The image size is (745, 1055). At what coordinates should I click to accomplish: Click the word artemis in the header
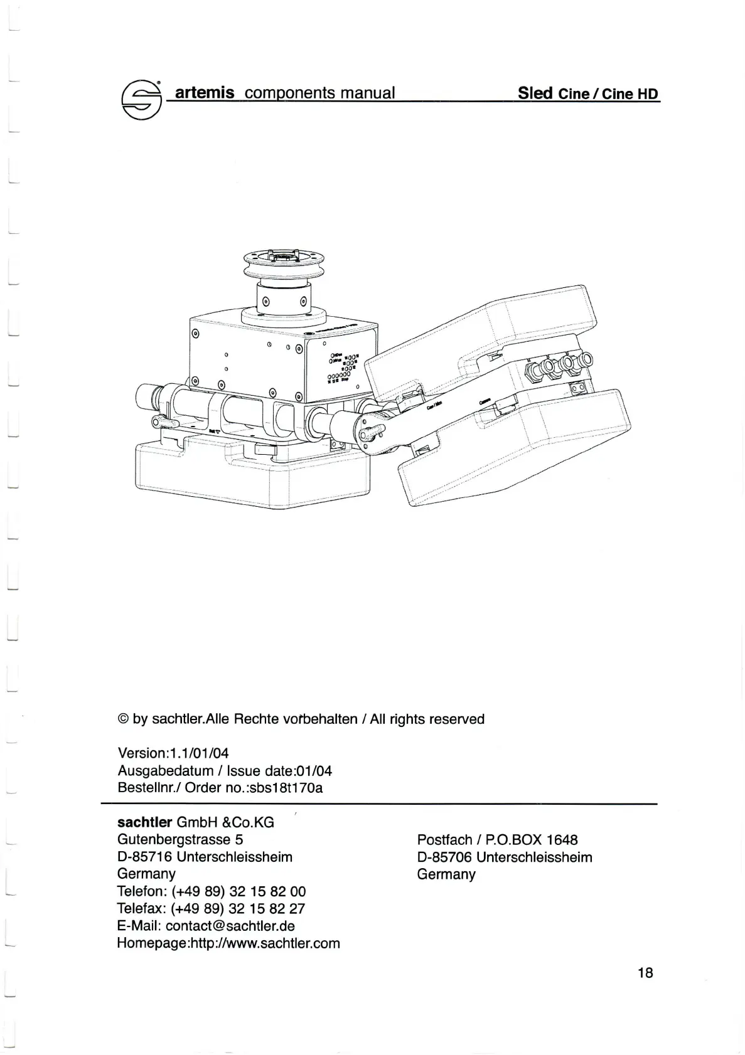pos(205,93)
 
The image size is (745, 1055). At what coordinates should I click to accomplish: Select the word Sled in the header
pos(535,93)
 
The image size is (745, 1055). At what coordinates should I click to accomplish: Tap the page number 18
pos(645,972)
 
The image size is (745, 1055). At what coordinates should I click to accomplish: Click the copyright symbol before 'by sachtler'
pos(123,719)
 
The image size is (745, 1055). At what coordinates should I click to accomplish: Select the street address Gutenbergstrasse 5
pos(180,839)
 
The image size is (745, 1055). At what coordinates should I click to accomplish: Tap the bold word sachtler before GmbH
pos(144,822)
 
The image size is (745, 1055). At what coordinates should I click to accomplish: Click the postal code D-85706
pos(444,857)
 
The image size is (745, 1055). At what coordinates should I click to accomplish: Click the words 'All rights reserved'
pos(427,719)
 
